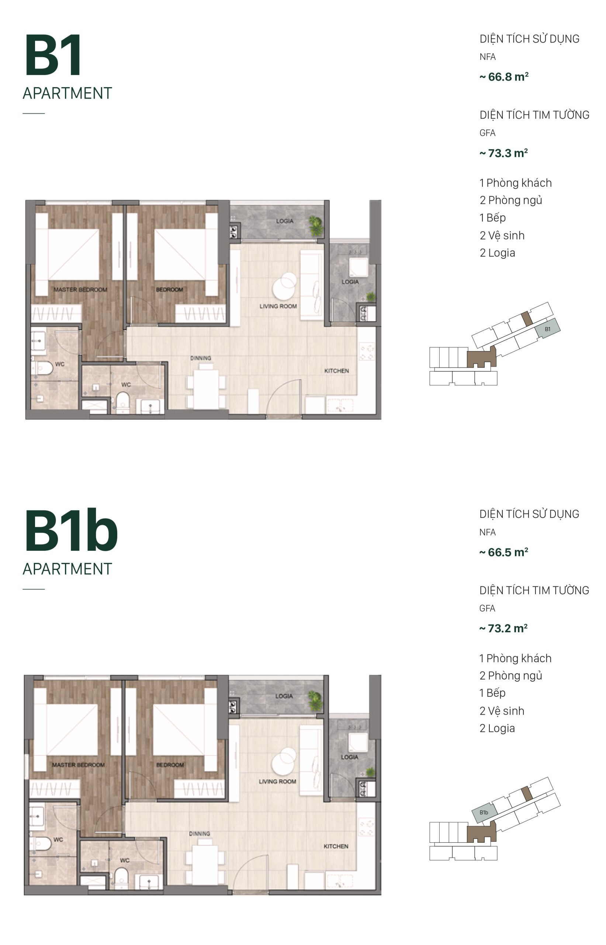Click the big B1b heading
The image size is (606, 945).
point(71,530)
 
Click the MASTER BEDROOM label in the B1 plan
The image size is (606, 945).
point(80,289)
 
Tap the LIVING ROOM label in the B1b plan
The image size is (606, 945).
point(277,781)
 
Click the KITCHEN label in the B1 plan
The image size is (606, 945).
point(336,371)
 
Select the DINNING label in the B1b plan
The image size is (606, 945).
point(199,834)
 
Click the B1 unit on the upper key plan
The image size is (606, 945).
point(547,329)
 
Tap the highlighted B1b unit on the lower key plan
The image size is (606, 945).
point(484,812)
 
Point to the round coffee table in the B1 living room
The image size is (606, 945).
point(284,286)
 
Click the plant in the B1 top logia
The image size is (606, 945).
point(315,226)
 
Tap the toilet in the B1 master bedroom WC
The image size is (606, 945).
point(42,368)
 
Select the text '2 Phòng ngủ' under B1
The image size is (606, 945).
point(510,200)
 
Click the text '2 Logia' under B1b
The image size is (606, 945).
point(496,728)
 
